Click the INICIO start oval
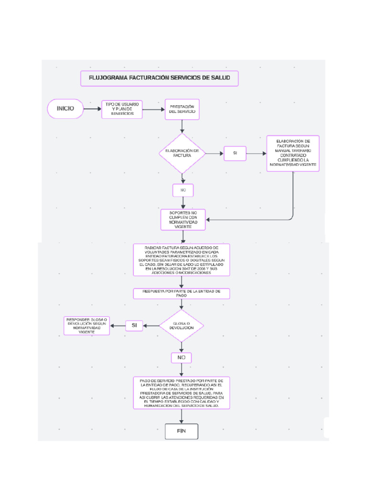pyautogui.click(x=65, y=109)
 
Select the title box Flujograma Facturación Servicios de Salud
pyautogui.click(x=159, y=78)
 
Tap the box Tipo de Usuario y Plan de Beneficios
pyautogui.click(x=122, y=110)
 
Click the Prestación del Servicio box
pyautogui.click(x=182, y=109)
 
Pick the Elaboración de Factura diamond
pyautogui.click(x=182, y=153)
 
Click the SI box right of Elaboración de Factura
pyautogui.click(x=235, y=153)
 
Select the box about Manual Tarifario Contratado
pyautogui.click(x=293, y=153)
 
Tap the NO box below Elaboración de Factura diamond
pyautogui.click(x=183, y=190)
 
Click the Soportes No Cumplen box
pyautogui.click(x=183, y=219)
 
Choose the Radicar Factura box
pyautogui.click(x=181, y=260)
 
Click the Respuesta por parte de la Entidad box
pyautogui.click(x=181, y=293)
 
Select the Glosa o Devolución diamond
pyautogui.click(x=182, y=326)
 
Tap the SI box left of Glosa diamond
pyautogui.click(x=134, y=325)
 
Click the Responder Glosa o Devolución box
pyautogui.click(x=86, y=325)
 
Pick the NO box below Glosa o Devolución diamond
pyautogui.click(x=181, y=357)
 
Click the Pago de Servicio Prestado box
pyautogui.click(x=181, y=392)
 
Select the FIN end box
pyautogui.click(x=181, y=431)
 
